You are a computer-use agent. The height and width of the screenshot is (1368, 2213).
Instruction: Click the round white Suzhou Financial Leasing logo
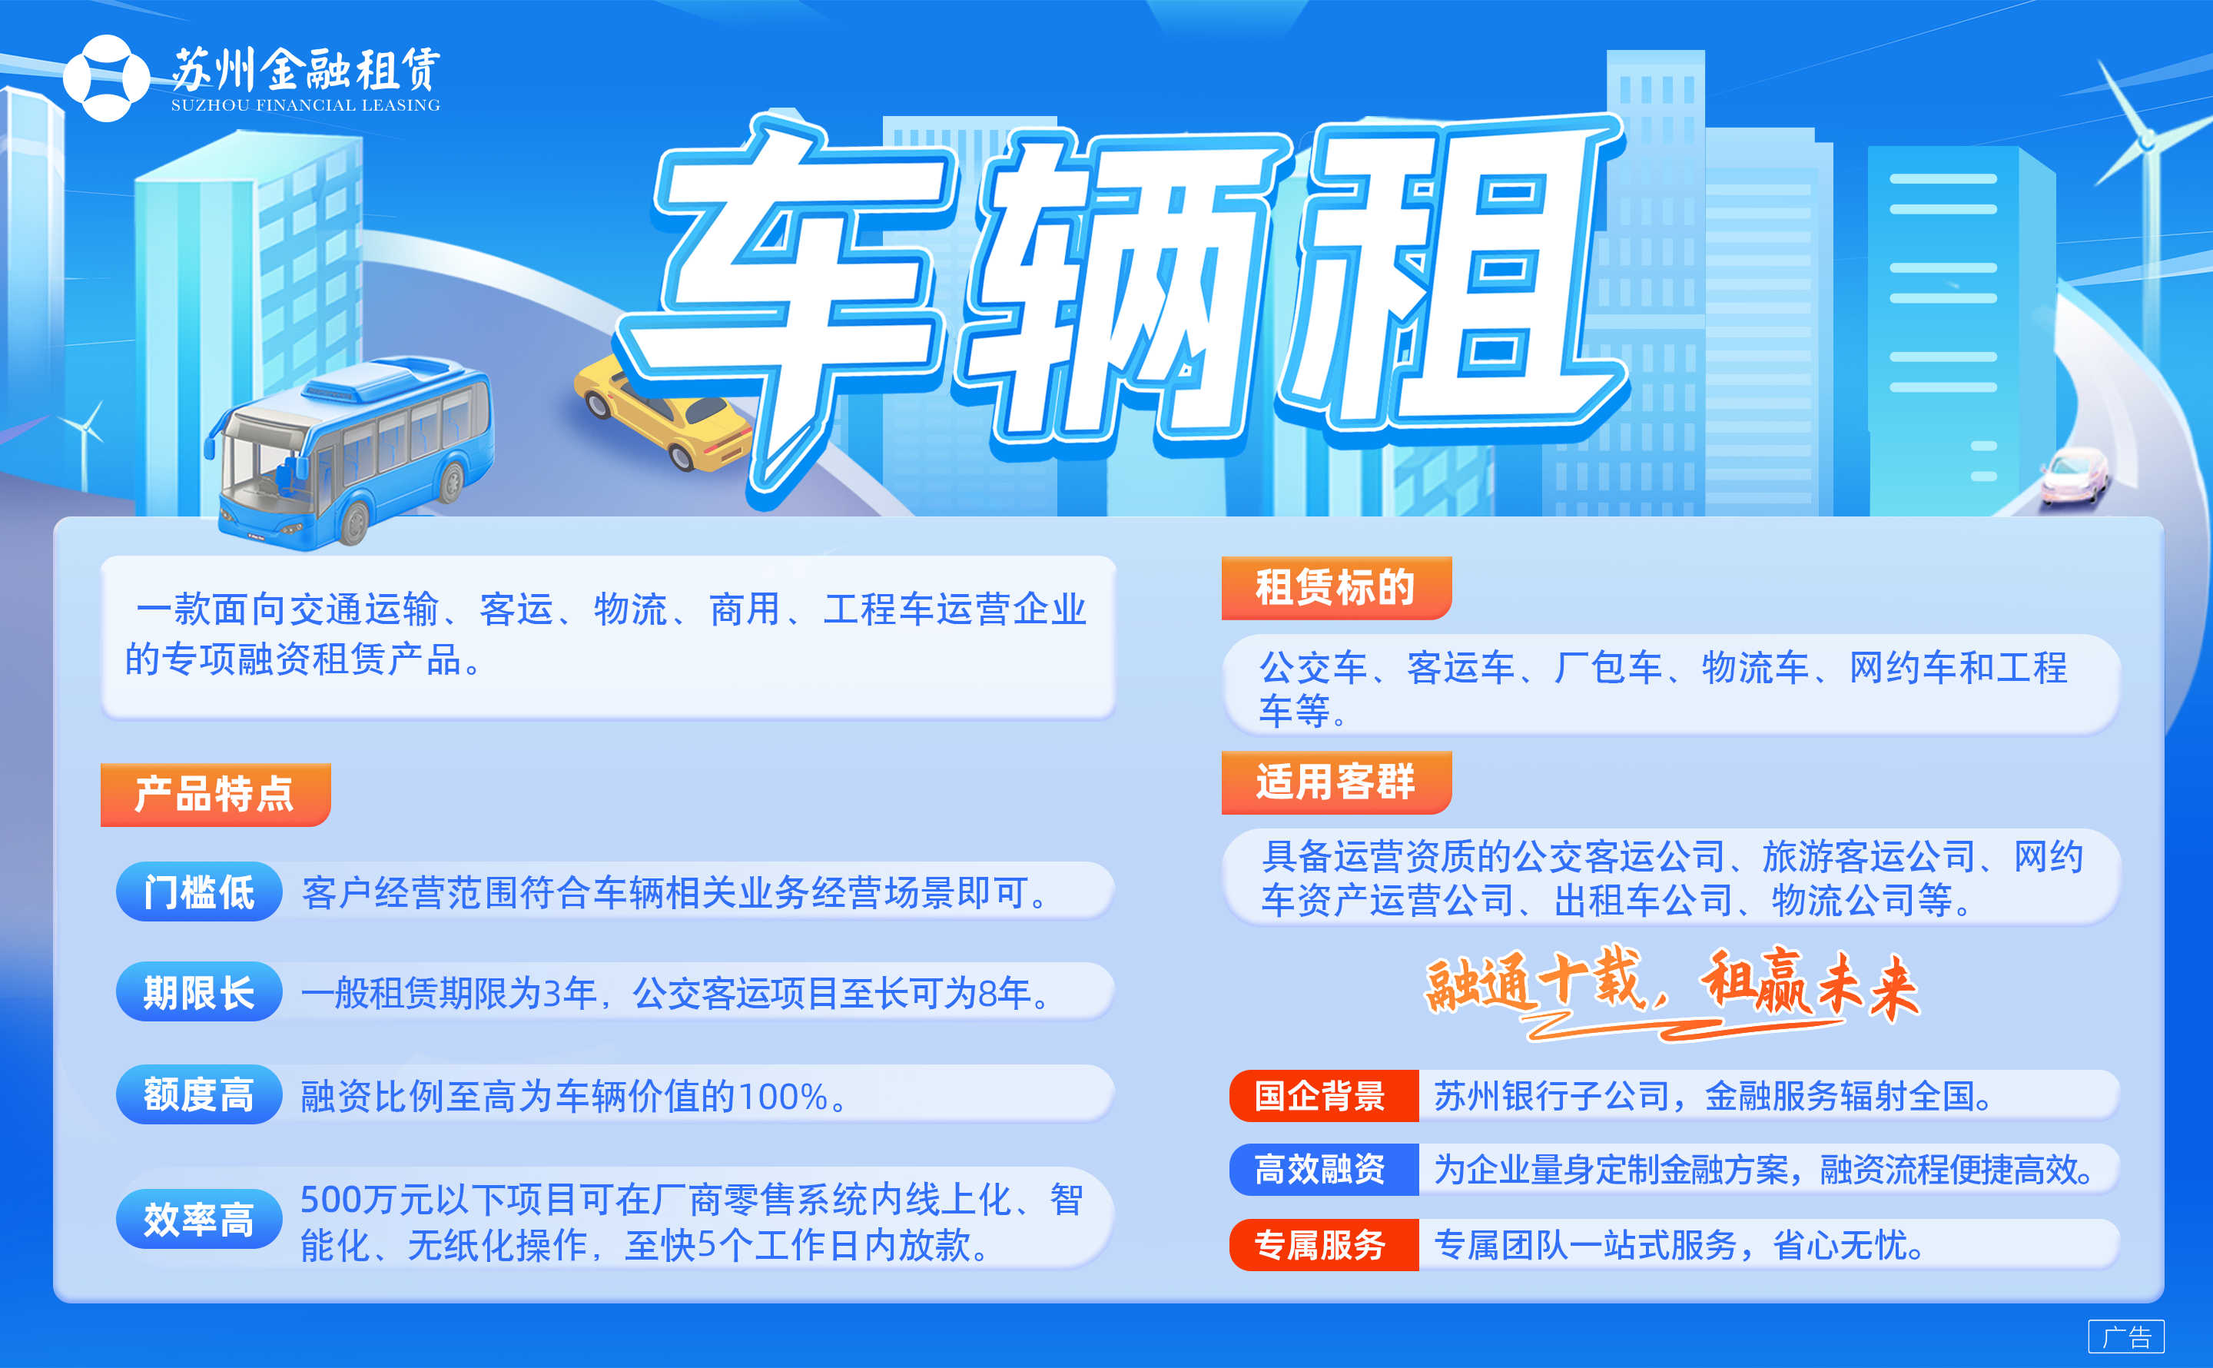[107, 78]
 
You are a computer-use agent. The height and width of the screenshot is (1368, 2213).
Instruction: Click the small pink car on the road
[2075, 475]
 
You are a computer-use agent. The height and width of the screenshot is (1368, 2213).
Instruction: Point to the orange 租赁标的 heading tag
[1335, 588]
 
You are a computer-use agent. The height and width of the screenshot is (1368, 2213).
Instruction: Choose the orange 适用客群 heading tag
[1335, 782]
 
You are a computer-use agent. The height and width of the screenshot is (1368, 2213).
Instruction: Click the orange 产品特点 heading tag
[215, 795]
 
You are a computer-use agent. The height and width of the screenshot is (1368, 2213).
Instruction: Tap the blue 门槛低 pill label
[199, 892]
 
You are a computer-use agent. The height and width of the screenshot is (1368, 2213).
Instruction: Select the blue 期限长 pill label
[199, 992]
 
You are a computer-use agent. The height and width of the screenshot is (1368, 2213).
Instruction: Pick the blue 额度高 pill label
[199, 1094]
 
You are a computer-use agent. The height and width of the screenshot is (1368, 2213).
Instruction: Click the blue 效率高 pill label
[199, 1220]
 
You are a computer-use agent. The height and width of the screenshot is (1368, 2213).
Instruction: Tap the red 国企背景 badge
[1323, 1096]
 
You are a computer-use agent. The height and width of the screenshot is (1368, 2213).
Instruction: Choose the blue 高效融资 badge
[1323, 1170]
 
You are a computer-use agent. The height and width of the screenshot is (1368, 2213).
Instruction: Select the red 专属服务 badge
[1323, 1245]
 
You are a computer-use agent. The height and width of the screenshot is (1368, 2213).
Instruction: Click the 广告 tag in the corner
[2126, 1336]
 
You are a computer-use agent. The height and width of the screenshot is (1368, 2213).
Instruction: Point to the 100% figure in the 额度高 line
[782, 1097]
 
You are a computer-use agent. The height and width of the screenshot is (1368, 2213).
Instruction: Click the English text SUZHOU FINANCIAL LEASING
[306, 105]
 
